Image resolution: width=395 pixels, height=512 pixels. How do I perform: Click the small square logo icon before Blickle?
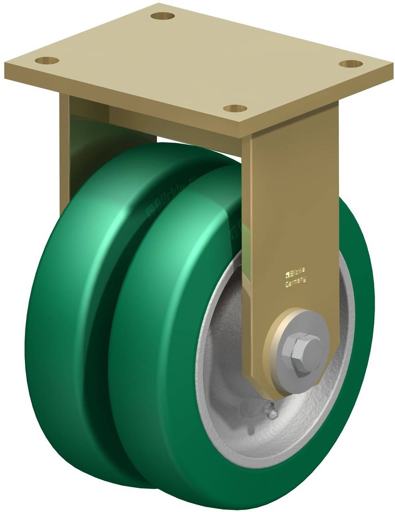[x=287, y=274]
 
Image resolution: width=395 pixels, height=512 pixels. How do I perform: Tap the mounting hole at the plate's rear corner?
[x=163, y=16]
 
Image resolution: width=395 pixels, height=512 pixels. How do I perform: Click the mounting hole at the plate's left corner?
[x=47, y=61]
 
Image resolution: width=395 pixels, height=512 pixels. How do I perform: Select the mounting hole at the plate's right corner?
[x=351, y=64]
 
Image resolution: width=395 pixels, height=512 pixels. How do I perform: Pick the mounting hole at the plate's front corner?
[x=235, y=108]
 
